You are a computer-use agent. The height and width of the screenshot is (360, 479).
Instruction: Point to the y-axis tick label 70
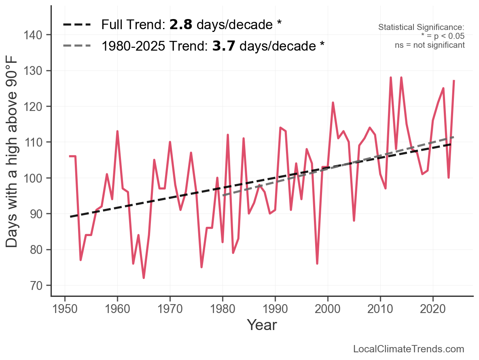[x=34, y=285]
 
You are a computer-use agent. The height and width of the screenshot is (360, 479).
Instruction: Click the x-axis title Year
[x=262, y=325]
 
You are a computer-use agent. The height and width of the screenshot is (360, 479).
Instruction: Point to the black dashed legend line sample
[x=77, y=25]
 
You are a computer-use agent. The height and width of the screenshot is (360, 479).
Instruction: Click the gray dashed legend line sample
[x=77, y=46]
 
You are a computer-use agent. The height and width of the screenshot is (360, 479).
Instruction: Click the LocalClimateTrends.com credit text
[x=409, y=349]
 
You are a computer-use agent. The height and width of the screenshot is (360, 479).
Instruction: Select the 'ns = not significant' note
[x=430, y=45]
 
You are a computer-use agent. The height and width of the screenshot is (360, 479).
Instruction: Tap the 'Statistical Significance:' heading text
[x=421, y=28]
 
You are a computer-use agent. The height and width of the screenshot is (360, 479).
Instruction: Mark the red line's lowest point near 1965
[x=144, y=278]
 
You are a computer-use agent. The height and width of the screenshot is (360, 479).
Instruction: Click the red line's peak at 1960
[x=117, y=131]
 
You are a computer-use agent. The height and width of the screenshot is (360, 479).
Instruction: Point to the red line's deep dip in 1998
[x=317, y=263]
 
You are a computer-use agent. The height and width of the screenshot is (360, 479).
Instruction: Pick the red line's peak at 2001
[x=333, y=102]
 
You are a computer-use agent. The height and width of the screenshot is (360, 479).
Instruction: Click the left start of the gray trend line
[x=223, y=196]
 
